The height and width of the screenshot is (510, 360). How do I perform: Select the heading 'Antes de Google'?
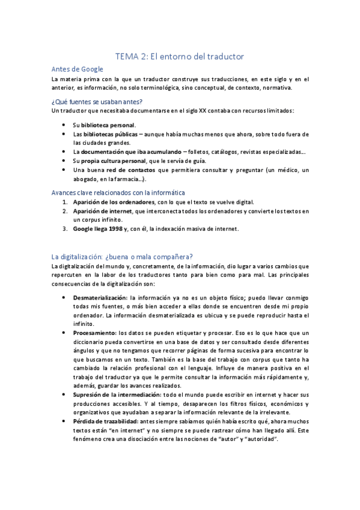[x=78, y=69]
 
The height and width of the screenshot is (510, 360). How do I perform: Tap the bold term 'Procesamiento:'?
[x=95, y=333]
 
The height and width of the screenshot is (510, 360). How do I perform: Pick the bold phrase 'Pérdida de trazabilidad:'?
[x=105, y=421]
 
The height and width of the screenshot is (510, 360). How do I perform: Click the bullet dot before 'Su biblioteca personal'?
[x=64, y=124]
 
